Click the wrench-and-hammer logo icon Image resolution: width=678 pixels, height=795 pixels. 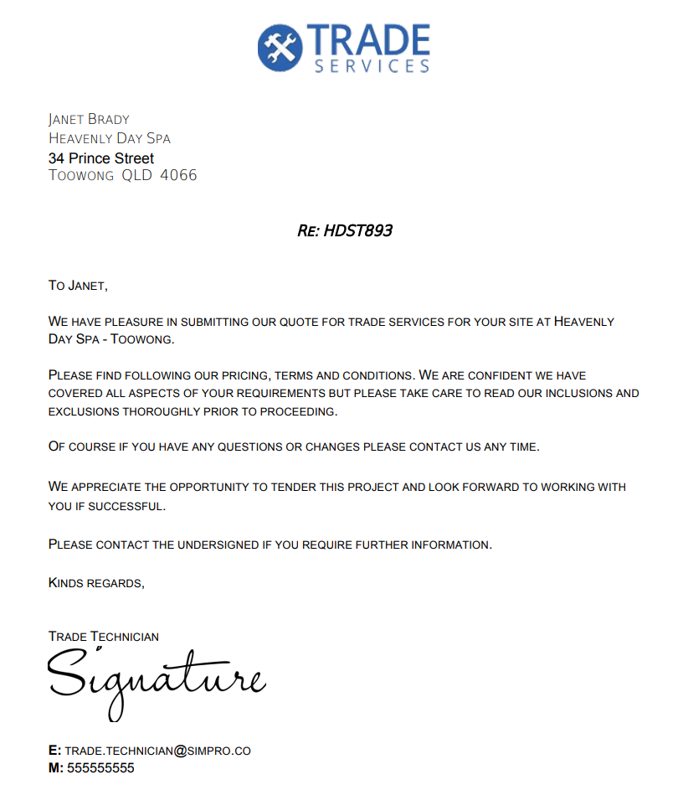pos(280,46)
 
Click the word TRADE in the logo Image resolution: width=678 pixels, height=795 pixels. pos(368,39)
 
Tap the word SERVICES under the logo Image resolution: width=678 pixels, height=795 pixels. pos(372,66)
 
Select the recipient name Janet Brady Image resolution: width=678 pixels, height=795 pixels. pos(89,119)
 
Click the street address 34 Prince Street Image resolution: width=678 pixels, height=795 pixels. pos(101,158)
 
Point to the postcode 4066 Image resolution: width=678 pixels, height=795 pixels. pos(178,176)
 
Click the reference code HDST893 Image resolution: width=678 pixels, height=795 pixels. pos(357,230)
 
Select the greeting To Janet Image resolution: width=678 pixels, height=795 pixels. pos(78,286)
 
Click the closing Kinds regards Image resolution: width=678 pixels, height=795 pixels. pos(96,583)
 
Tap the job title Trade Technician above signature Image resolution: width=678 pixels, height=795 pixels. pos(104,637)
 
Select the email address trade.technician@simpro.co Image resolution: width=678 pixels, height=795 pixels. pos(157,751)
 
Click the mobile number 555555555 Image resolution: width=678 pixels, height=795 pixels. pos(100,767)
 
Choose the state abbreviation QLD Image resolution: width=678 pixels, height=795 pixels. pos(136,176)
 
